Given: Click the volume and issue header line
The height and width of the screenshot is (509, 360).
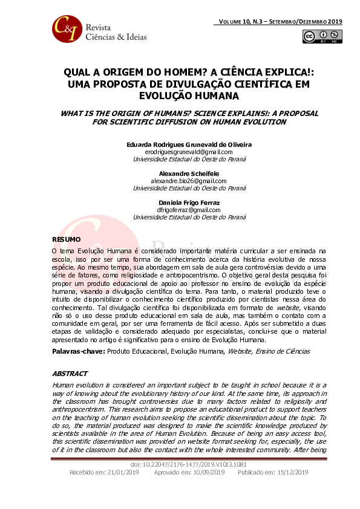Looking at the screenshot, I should tap(278, 21).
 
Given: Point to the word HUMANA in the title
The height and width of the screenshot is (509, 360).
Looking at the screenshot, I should tap(214, 96).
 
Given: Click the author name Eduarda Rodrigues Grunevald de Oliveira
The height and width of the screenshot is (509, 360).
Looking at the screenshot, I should tap(180, 144).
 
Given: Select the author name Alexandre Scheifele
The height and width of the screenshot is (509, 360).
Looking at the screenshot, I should tap(180, 173).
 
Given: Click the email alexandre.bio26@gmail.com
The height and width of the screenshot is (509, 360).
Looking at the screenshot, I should tap(180, 181).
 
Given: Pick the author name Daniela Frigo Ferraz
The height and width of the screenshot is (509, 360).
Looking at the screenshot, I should tap(180, 203).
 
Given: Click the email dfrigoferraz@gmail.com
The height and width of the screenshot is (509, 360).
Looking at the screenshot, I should tap(180, 210).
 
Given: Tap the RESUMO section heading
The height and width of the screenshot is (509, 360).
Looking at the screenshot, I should tap(66, 239).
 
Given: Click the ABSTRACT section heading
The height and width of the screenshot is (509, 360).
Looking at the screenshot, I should tap(70, 374).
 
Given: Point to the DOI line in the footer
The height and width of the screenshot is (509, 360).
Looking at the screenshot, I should tap(180, 464).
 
